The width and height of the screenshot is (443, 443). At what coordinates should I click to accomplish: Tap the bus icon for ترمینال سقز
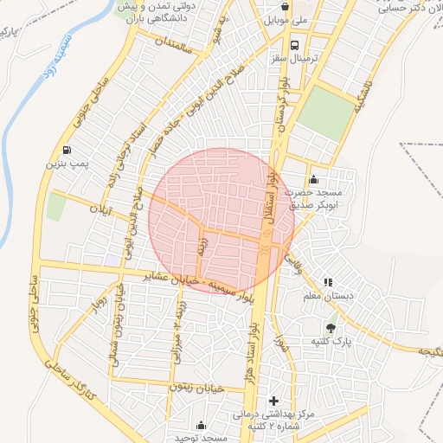(x=295, y=45)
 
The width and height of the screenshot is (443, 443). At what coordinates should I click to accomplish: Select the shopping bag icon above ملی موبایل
(x=285, y=5)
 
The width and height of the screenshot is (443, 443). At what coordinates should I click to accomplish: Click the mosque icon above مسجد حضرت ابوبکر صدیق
(x=312, y=179)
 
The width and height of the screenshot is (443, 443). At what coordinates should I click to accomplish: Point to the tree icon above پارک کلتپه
(x=331, y=327)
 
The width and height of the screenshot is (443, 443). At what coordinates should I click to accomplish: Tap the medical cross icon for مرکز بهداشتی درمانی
(x=274, y=401)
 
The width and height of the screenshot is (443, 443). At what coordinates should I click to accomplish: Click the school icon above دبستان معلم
(x=327, y=282)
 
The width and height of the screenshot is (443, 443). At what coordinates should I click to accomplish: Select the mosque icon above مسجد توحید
(x=202, y=425)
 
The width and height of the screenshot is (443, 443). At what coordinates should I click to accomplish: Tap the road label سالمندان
(x=177, y=42)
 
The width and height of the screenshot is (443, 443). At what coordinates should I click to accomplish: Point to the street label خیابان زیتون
(x=199, y=388)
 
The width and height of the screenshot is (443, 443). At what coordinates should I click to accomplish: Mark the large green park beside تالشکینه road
(x=326, y=113)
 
